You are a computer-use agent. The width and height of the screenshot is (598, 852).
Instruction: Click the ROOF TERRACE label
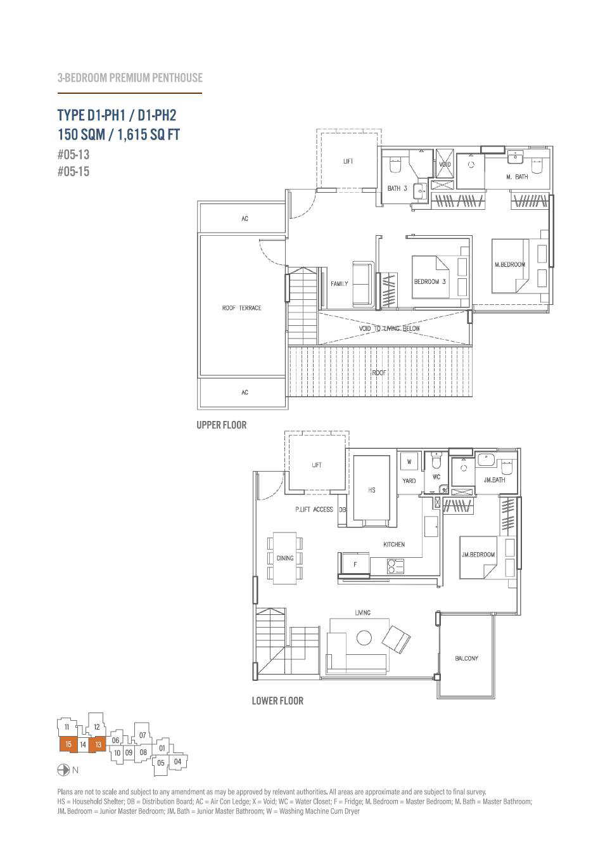coord(242,307)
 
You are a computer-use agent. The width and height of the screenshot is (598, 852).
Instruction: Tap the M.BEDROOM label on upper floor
coord(510,264)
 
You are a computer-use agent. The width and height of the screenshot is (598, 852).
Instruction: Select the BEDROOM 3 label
coord(429,281)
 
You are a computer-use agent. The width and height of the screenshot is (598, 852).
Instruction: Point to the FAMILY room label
coord(339,283)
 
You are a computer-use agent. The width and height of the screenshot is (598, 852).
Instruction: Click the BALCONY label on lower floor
coord(466,658)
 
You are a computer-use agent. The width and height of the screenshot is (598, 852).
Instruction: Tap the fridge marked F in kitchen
coord(355,564)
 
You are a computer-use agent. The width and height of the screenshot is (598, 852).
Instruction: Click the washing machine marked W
coord(409,461)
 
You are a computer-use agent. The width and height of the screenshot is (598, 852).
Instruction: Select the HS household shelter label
coord(371,490)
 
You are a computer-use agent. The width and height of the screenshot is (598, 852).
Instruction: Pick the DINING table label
coord(284,558)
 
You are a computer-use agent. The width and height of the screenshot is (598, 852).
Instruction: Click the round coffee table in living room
coord(364,638)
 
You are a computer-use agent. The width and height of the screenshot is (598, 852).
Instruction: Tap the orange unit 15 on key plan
coord(68,744)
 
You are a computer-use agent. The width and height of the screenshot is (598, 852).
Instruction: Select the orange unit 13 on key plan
coord(98,744)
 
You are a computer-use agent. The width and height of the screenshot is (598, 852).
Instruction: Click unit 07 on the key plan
coord(143,735)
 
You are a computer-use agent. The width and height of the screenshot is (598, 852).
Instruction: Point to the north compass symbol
coord(63,770)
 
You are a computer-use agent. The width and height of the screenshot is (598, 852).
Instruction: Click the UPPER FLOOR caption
coord(221,425)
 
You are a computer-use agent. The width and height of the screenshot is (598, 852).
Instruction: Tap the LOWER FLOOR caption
coord(277,700)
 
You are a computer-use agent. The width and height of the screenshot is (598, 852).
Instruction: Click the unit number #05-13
coord(73,155)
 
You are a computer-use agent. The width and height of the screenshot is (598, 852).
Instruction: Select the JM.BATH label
coord(494,481)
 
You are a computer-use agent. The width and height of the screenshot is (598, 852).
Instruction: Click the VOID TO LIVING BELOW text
coord(390,328)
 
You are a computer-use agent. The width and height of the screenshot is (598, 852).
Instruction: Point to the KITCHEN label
coord(394,545)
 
